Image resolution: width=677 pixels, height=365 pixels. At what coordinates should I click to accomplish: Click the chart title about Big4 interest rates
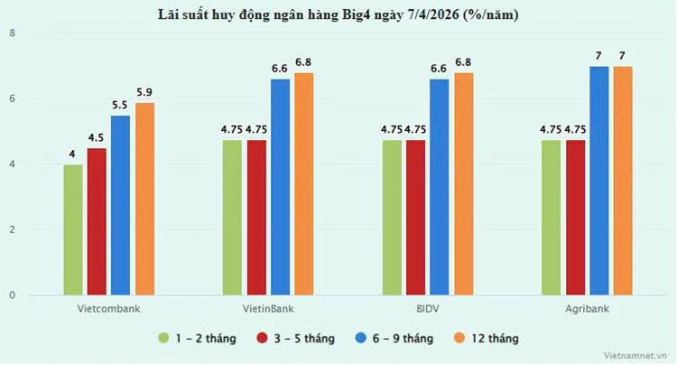(x=338, y=15)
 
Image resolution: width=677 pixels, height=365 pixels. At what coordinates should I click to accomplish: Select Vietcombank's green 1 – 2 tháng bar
(x=73, y=229)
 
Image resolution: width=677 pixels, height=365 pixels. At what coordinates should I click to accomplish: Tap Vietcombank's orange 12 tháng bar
(x=144, y=199)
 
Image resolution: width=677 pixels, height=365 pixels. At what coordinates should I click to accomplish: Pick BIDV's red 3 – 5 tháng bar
(x=415, y=218)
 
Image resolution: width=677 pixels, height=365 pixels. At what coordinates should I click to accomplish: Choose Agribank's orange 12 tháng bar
(x=623, y=181)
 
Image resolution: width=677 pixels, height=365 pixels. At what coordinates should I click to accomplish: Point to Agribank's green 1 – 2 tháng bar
(x=552, y=218)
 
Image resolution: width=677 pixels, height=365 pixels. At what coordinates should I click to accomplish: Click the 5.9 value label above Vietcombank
(x=144, y=91)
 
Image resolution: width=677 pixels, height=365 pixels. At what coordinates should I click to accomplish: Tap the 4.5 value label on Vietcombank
(x=97, y=137)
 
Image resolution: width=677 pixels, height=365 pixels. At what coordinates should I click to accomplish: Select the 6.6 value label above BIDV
(x=440, y=68)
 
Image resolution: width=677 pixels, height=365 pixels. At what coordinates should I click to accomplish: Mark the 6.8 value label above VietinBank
(x=304, y=61)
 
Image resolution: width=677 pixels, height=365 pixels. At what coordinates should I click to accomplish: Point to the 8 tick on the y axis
(x=12, y=33)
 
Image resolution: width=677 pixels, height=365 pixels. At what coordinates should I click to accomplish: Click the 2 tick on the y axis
(x=12, y=230)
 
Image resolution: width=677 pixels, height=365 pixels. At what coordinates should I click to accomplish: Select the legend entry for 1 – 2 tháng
(x=197, y=338)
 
